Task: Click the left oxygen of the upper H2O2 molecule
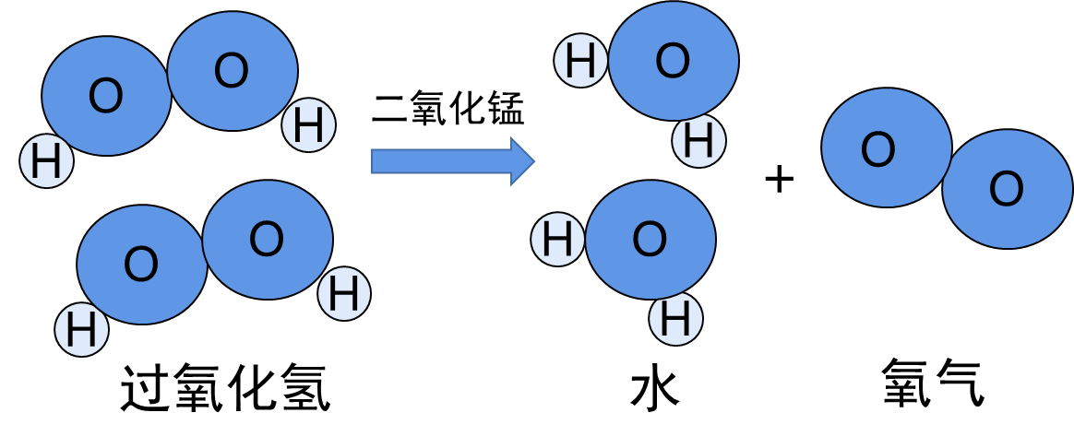(x=106, y=96)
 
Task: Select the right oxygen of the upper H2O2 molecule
(x=233, y=71)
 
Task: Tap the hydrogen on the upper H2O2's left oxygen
(x=46, y=161)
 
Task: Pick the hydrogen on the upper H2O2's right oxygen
(x=308, y=125)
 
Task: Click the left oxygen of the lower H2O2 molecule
(x=141, y=265)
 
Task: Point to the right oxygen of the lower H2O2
(x=268, y=240)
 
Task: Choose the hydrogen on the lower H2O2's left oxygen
(x=81, y=330)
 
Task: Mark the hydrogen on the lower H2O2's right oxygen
(x=344, y=294)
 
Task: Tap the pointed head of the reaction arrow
(x=523, y=161)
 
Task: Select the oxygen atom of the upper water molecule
(x=674, y=61)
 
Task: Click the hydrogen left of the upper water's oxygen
(x=580, y=61)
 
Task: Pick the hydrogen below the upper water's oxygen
(x=698, y=141)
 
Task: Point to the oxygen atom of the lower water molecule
(x=650, y=240)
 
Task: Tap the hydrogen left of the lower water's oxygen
(x=557, y=240)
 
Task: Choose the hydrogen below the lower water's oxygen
(x=675, y=319)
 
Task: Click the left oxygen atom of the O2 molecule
(x=886, y=147)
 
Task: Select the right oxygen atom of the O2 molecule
(x=1008, y=189)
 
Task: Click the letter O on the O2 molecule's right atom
(x=1007, y=190)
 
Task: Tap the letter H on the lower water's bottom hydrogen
(x=675, y=320)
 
